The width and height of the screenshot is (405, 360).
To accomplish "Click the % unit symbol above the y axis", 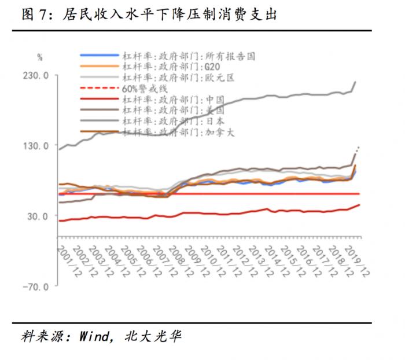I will [x=40, y=57].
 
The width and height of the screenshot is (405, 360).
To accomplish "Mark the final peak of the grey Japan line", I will [x=355, y=82].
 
